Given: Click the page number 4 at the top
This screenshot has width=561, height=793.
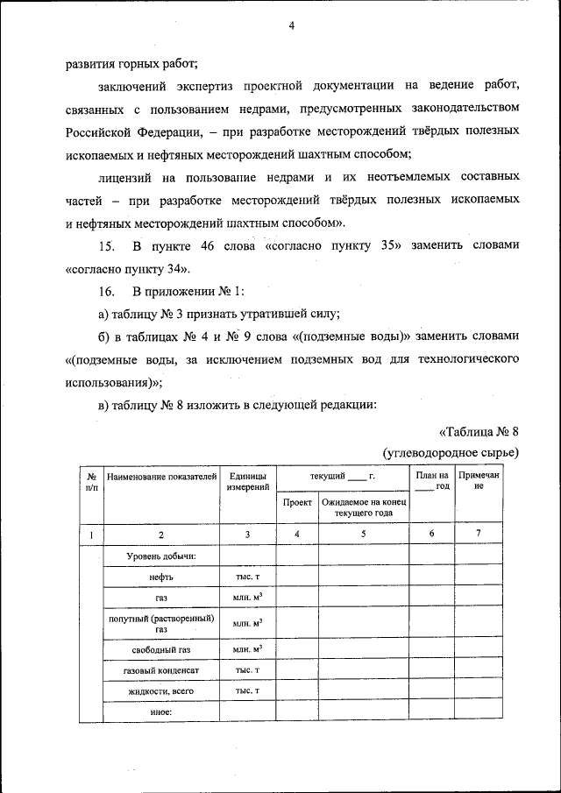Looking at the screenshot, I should (291, 26).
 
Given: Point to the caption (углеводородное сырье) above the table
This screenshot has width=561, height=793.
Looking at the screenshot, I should (451, 452).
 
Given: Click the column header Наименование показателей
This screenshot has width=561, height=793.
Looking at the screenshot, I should (161, 477).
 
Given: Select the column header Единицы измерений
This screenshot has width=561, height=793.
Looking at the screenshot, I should (247, 481).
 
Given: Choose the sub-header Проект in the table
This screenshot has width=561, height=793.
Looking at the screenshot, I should (297, 503).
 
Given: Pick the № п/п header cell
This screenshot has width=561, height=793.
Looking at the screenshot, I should (90, 481).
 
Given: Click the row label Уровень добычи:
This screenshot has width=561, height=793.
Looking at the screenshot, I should (161, 556).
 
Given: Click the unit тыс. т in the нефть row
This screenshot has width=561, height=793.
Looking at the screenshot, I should (247, 577).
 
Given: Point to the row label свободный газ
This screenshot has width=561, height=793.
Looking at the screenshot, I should (161, 650).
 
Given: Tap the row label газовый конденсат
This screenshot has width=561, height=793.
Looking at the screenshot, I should (161, 670).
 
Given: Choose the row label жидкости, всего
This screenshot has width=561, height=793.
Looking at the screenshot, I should (161, 691).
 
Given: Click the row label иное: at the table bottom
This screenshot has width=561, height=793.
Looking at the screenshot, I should (161, 712).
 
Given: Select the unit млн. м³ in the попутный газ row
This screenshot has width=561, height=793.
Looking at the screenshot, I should (247, 623).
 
